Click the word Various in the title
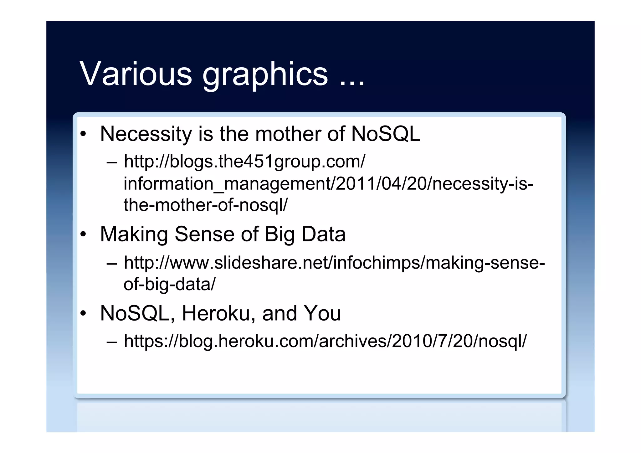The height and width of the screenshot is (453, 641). [x=136, y=74]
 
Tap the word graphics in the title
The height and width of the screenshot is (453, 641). [x=265, y=75]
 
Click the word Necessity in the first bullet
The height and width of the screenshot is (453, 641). [x=146, y=134]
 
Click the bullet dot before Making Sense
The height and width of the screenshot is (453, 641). [x=83, y=234]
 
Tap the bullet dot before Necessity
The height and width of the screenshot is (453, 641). [x=83, y=134]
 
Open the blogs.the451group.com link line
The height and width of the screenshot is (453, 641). [x=244, y=162]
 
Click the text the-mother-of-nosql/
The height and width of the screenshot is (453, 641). [x=205, y=205]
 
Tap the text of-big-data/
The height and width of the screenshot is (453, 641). [x=169, y=284]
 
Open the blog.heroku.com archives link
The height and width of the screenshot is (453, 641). [x=325, y=341]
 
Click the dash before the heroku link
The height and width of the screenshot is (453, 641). [x=112, y=341]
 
